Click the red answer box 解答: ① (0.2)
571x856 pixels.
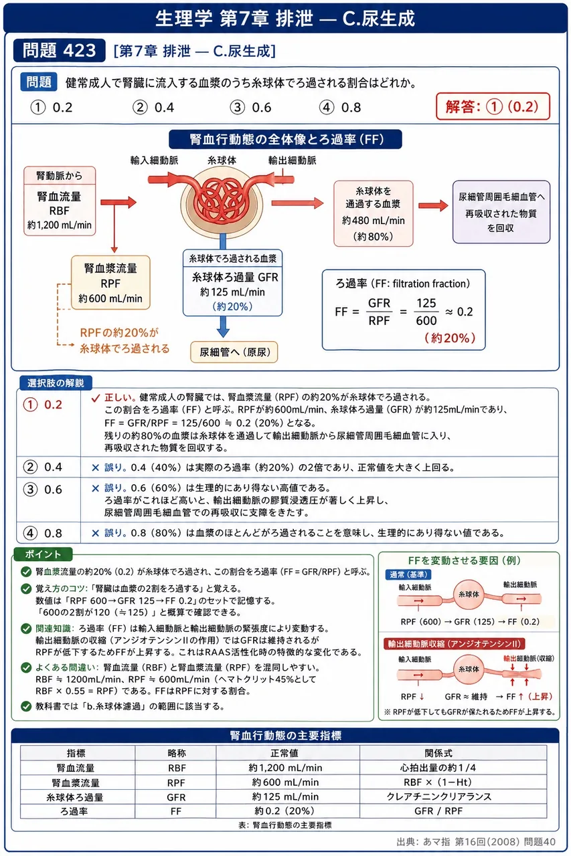[x=493, y=106]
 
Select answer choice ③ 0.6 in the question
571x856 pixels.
[x=251, y=108]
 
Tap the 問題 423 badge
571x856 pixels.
[x=60, y=50]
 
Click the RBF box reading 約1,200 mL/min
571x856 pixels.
[x=60, y=201]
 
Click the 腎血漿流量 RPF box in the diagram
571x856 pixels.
[x=110, y=283]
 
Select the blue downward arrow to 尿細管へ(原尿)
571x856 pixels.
[x=223, y=327]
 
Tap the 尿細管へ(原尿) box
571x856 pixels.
[x=234, y=352]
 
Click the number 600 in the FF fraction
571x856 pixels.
[x=426, y=320]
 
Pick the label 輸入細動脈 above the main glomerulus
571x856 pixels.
[x=154, y=160]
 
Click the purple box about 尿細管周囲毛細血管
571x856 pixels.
[x=501, y=212]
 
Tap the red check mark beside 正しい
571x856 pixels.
[x=96, y=398]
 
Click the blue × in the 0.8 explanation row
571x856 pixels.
[x=96, y=533]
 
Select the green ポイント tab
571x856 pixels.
[x=43, y=554]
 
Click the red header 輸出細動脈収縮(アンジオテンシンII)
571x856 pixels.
[x=454, y=644]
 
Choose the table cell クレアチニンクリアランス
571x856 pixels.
[x=438, y=796]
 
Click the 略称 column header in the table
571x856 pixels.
[x=176, y=753]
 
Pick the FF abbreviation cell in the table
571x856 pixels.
[x=176, y=811]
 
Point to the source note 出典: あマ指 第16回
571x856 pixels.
[x=476, y=842]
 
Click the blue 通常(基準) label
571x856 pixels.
[x=408, y=574]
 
